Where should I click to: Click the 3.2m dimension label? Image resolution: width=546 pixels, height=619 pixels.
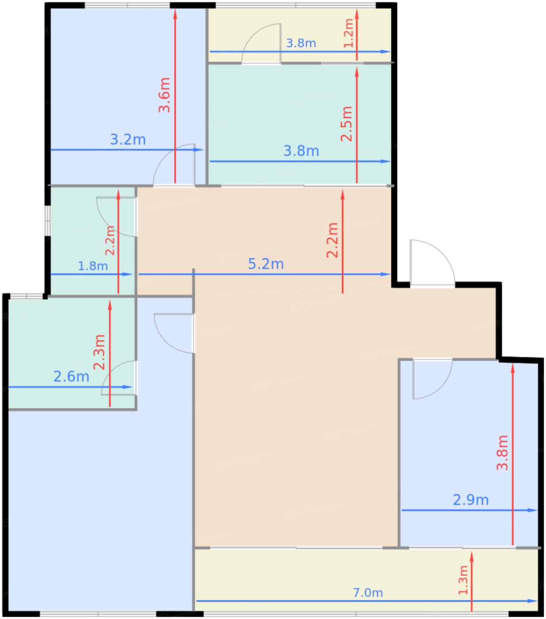[x=128, y=140]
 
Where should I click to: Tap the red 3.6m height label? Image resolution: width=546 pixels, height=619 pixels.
[x=164, y=95]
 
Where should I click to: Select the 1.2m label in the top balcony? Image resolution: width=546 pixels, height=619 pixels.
[x=349, y=33]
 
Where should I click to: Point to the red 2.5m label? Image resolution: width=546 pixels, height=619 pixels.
[x=347, y=124]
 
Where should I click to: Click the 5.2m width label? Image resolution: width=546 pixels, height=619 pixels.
[x=266, y=264]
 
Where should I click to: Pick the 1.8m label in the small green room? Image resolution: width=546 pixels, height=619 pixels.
[x=93, y=266]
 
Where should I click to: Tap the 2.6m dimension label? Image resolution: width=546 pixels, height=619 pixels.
[x=72, y=376]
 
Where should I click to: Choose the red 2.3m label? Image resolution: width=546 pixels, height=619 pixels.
[x=99, y=352]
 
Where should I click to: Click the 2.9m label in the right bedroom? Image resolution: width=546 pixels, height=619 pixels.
[x=470, y=500]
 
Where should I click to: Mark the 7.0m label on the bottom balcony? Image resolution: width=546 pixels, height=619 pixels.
[x=368, y=593]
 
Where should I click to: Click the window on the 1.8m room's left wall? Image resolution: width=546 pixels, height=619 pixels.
[x=48, y=221]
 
